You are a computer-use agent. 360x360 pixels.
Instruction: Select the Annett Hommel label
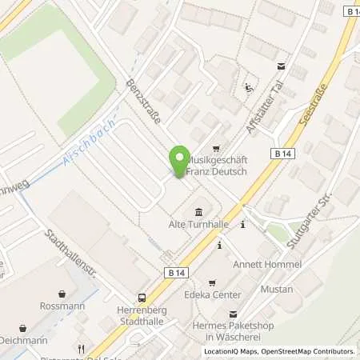click(x=266, y=264)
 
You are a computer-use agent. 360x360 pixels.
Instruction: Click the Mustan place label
click(x=277, y=288)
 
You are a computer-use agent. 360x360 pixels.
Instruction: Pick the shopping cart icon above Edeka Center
click(x=212, y=282)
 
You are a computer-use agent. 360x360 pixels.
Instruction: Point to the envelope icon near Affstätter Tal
click(x=281, y=67)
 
